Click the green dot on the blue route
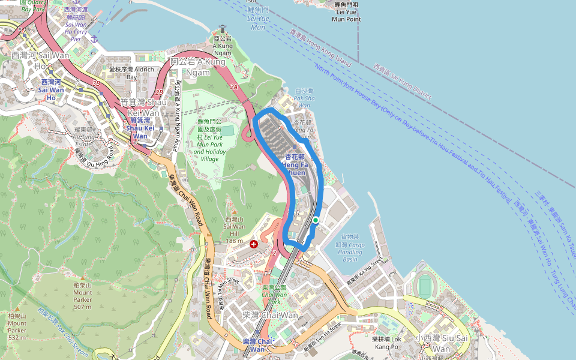coord(316,220)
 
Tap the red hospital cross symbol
coord(254,244)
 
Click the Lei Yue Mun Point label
coord(346,12)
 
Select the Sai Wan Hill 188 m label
coord(235,230)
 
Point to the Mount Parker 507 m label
coord(82,296)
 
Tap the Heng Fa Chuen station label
coord(295,164)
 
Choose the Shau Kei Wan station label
coord(140,128)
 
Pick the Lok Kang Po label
coord(386,343)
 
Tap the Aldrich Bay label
coord(123,73)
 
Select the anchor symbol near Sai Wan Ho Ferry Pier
coord(94,38)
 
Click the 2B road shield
coord(158,93)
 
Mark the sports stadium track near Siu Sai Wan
coord(425,284)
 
